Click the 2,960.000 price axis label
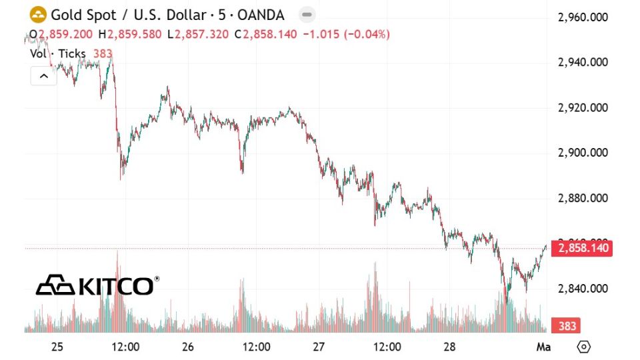(x=583, y=17)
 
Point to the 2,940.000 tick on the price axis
(x=583, y=63)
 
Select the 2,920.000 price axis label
(x=583, y=108)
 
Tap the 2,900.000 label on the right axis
(x=583, y=153)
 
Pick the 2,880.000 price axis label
(x=583, y=198)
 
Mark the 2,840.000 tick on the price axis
(x=583, y=289)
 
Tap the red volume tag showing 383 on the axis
(x=567, y=326)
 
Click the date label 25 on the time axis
(x=57, y=347)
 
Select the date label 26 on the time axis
(x=187, y=347)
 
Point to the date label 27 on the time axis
(x=318, y=347)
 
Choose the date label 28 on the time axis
(x=449, y=347)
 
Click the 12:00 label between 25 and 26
(x=125, y=347)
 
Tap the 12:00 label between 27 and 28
(x=387, y=347)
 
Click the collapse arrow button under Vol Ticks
(x=44, y=76)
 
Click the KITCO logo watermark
(x=97, y=285)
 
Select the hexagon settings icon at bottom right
(x=584, y=347)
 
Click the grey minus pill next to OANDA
(x=307, y=15)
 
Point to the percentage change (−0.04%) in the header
(x=366, y=34)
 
